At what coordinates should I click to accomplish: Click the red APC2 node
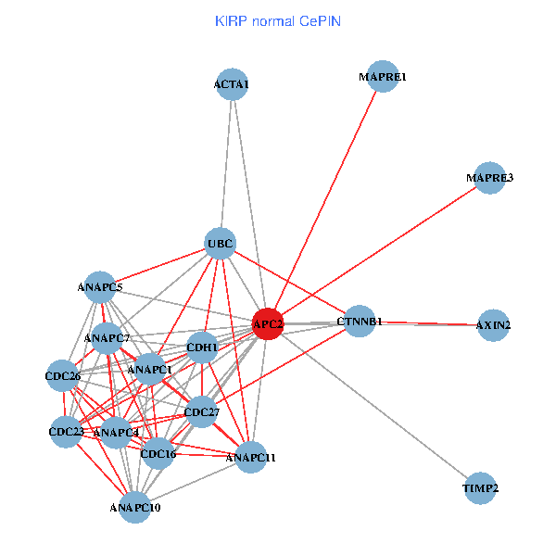(268, 323)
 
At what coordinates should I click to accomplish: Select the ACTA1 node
(232, 85)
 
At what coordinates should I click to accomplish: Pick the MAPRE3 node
(489, 178)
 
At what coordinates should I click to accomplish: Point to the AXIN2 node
(493, 325)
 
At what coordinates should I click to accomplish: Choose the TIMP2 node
(481, 487)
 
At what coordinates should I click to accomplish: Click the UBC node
(221, 245)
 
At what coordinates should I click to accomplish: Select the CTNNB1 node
(360, 322)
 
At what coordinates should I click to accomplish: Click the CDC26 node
(63, 376)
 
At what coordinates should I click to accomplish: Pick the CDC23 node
(66, 431)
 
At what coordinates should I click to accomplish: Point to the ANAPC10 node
(135, 507)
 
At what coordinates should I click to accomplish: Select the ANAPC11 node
(250, 457)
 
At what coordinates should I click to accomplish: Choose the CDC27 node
(201, 411)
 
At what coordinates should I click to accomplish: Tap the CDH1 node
(202, 348)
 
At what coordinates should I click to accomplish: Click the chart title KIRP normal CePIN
(278, 20)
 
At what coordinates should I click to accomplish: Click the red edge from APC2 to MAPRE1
(325, 200)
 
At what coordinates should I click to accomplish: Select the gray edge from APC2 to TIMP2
(374, 406)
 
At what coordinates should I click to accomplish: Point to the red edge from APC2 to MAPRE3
(378, 251)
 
